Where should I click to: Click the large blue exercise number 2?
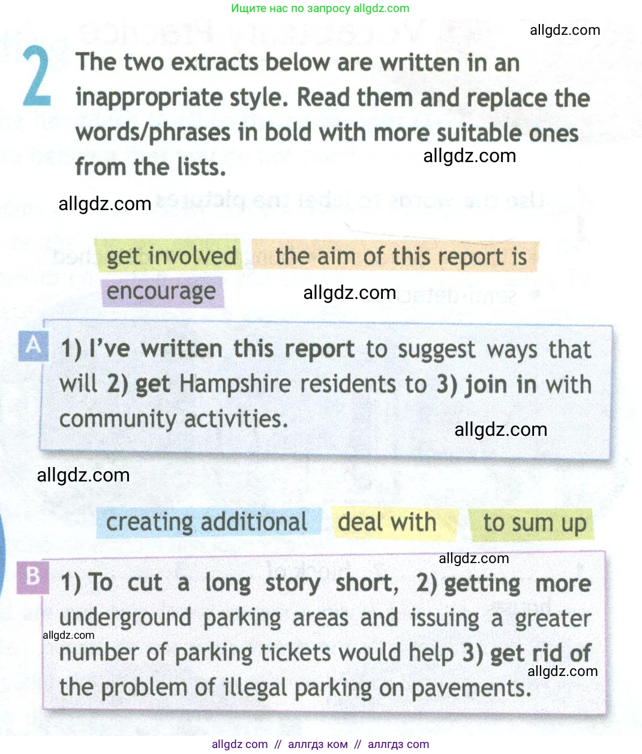[37, 77]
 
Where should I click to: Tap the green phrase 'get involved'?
[171, 256]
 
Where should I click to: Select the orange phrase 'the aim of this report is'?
[400, 256]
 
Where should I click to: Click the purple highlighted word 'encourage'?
[161, 292]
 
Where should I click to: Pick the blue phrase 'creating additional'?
[206, 522]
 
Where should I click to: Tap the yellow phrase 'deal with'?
[387, 522]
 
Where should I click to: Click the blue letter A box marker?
[33, 345]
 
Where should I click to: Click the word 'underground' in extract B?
[125, 618]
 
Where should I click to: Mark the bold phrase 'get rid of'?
[541, 653]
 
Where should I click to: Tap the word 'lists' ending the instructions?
[198, 167]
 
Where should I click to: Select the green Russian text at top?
[320, 8]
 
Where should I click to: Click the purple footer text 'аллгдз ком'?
[317, 744]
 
